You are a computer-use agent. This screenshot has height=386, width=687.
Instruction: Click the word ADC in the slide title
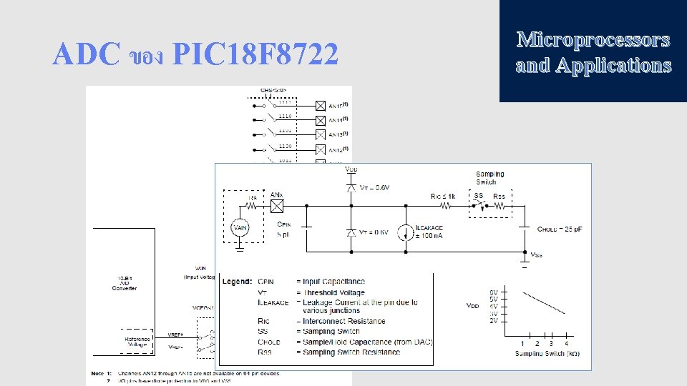86,54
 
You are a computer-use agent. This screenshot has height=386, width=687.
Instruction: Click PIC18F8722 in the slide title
255,54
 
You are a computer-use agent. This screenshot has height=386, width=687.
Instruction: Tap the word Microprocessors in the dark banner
593,39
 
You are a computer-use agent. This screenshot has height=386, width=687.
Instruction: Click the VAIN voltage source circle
240,228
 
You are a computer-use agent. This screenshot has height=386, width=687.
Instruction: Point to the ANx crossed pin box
277,206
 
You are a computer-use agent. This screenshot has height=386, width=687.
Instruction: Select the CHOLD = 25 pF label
560,229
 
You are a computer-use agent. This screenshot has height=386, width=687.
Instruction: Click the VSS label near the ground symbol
536,254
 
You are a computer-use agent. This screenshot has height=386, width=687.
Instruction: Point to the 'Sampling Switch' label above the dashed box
490,177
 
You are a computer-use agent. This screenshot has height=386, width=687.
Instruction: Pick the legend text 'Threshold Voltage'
333,292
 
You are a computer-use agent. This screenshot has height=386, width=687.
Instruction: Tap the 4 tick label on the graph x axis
567,344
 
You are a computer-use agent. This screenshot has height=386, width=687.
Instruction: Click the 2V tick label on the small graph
494,321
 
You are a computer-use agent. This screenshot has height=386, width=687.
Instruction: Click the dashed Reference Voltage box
137,341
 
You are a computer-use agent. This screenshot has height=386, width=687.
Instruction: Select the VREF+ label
176,335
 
